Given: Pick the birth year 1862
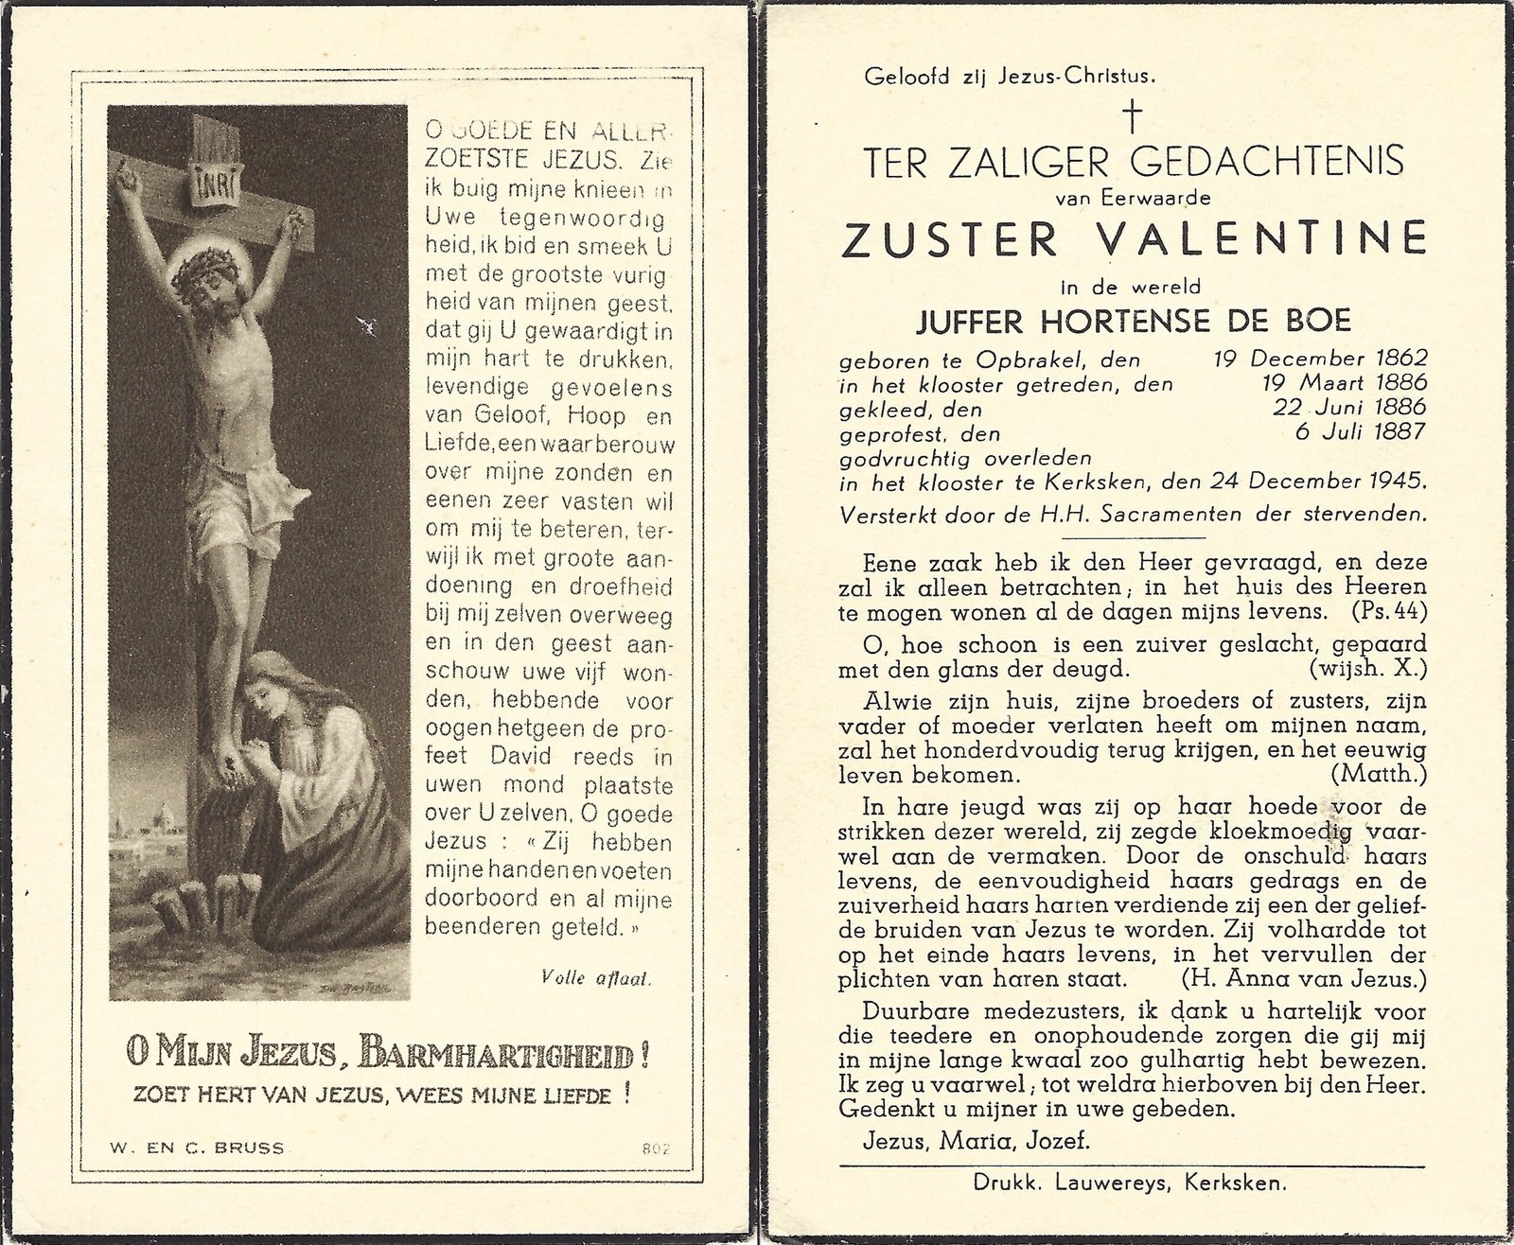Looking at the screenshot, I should point(1397,359).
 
